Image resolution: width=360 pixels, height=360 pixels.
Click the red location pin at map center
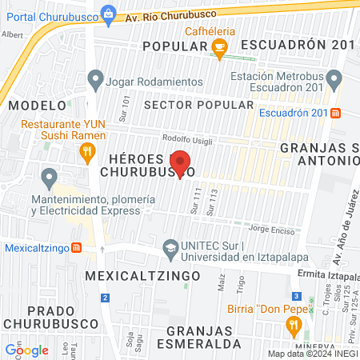181,164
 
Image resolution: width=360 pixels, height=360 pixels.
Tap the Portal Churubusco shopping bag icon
108,14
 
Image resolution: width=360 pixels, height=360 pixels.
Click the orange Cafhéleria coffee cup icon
218,49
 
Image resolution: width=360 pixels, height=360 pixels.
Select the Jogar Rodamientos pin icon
96,80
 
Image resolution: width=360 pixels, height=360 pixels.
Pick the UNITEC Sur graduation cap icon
170,248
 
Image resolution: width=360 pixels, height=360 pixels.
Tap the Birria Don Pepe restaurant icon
294,325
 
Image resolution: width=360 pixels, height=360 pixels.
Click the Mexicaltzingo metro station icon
75,248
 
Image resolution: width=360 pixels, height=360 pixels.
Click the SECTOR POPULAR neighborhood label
198,105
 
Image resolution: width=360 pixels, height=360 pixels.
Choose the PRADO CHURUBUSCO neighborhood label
40,316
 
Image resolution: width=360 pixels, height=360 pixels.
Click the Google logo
26,350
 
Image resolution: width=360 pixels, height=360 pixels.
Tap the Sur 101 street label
125,105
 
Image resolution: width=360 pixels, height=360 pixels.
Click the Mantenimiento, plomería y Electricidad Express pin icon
50,176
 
